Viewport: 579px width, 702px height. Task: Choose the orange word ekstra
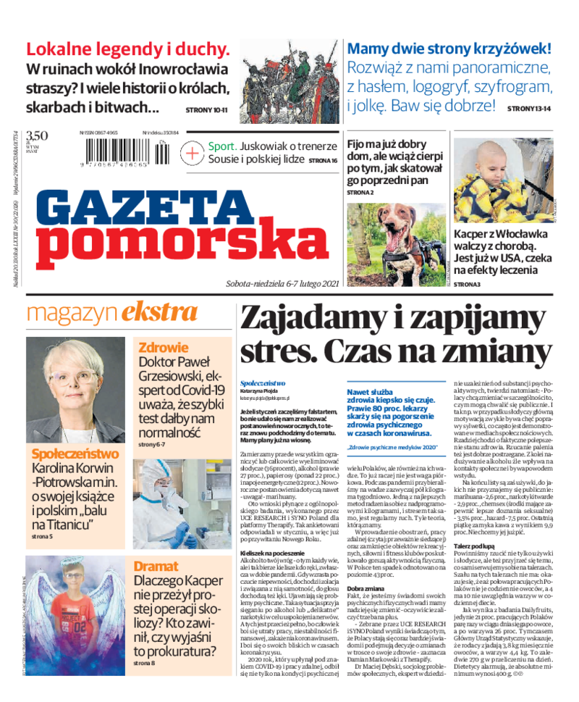coord(159,313)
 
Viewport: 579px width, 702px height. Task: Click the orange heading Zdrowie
coord(164,347)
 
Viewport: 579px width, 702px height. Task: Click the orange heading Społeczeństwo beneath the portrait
coord(75,454)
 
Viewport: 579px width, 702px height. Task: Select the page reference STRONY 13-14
coord(529,108)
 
